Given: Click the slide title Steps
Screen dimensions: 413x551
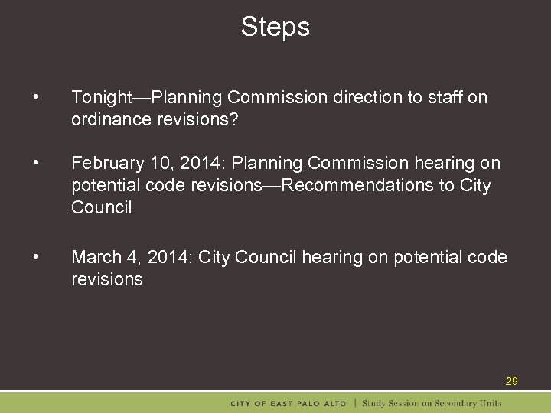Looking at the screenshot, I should [x=275, y=27].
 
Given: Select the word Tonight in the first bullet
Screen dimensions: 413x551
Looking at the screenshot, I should [x=102, y=98].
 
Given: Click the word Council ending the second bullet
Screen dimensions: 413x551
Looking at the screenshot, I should [x=101, y=208].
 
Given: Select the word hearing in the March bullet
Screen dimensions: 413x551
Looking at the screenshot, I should [x=332, y=258].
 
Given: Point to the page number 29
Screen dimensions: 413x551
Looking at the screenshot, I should [x=511, y=381].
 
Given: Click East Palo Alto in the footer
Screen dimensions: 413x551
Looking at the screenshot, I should [x=309, y=403].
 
